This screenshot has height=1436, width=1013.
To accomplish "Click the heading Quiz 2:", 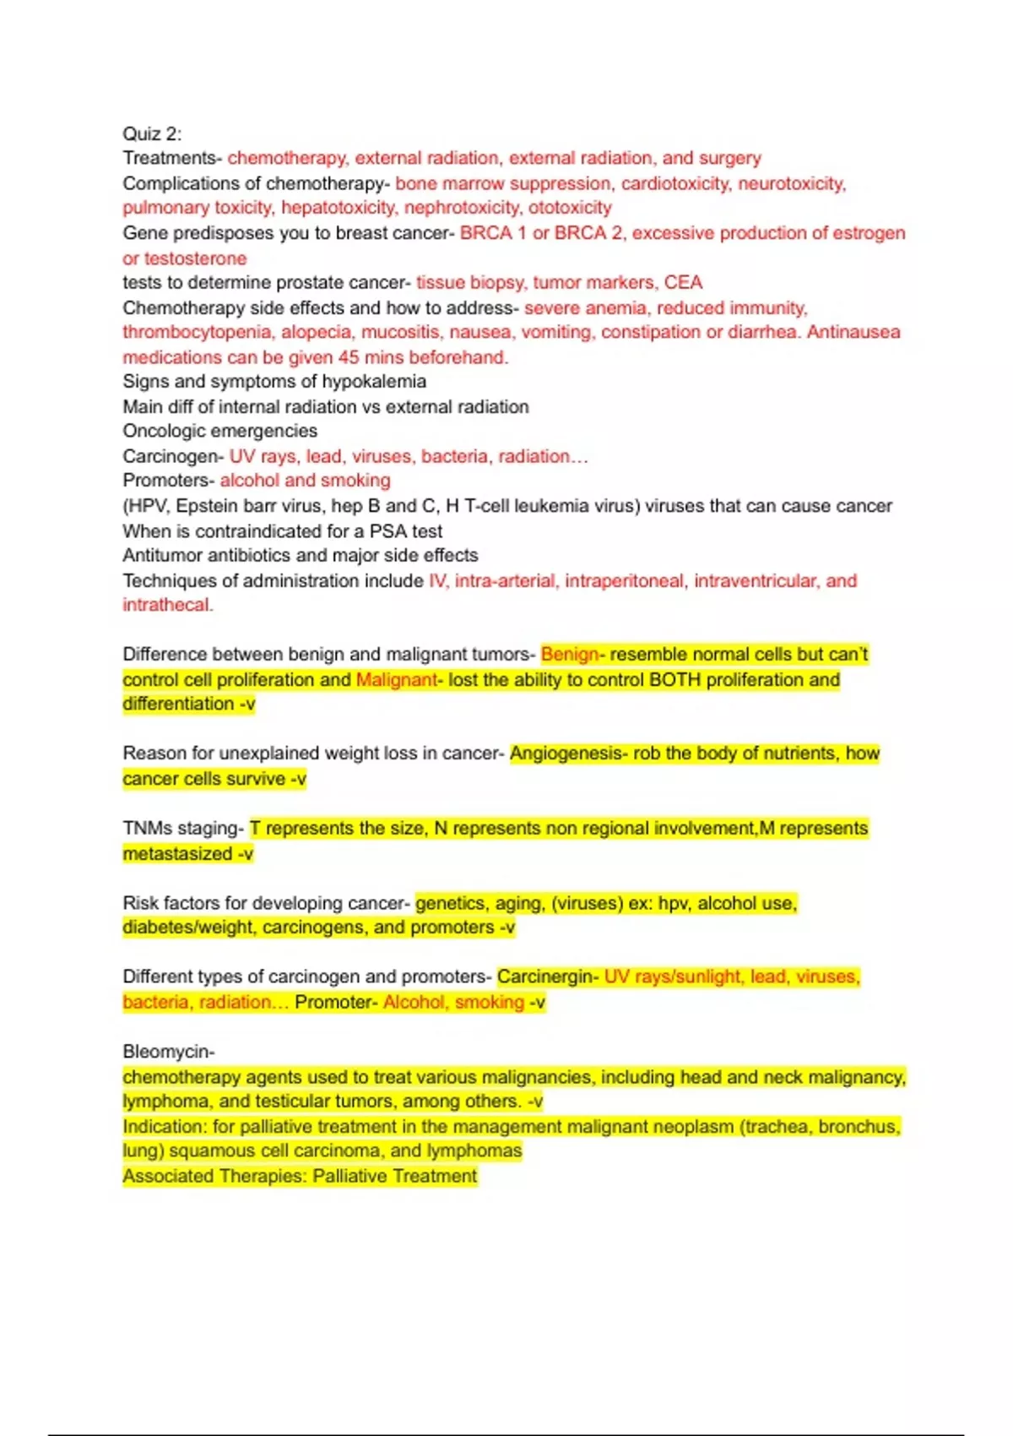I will coord(152,133).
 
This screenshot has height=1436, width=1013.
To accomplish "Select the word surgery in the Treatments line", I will coord(729,158).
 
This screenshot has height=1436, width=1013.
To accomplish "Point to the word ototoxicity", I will coord(570,208).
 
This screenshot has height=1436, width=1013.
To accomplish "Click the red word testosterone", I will coord(195,258).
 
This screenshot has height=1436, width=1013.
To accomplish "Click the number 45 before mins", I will coord(349,357).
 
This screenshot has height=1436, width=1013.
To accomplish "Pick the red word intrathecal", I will coord(166,605).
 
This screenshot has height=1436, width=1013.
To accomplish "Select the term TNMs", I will coord(147,829).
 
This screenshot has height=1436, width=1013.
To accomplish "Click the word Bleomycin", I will coord(167,1052).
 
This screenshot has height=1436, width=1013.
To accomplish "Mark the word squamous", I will coord(211,1151).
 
